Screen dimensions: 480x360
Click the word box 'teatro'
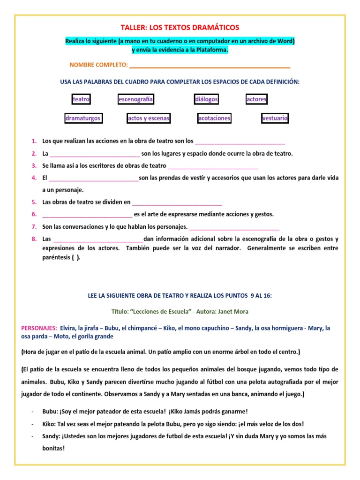81,99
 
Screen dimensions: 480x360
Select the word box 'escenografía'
136,99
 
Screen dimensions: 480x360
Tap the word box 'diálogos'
207,99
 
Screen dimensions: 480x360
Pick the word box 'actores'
256,99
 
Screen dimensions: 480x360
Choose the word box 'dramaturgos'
83,118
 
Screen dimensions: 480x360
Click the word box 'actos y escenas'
149,118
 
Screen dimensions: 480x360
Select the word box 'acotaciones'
214,118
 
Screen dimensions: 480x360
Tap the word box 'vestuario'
275,118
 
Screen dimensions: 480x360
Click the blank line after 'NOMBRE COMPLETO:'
210,65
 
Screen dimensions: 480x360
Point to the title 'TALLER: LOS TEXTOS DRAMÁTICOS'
180,28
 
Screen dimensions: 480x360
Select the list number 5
34,202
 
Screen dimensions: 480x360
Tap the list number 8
34,239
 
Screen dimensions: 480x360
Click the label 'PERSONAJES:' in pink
39,328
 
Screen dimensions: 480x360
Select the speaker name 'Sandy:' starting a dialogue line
51,436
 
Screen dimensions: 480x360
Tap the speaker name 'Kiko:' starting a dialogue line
49,424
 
